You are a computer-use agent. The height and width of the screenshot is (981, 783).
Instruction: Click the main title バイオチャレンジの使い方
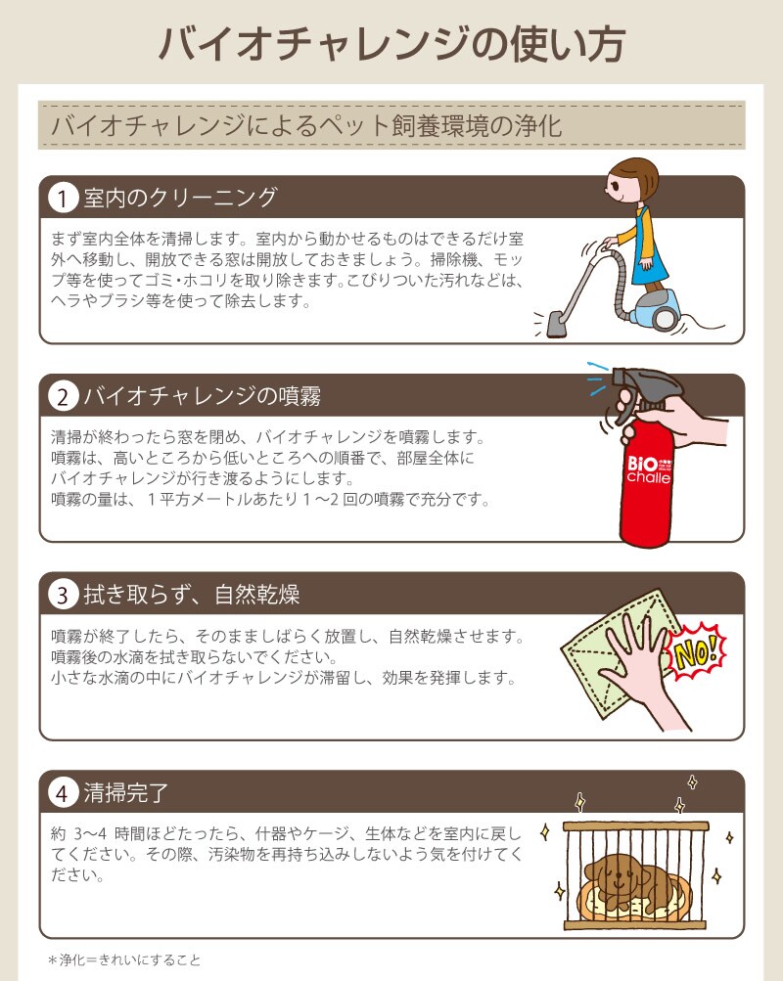pos(391,44)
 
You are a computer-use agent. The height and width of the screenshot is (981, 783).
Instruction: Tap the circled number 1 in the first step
pos(63,198)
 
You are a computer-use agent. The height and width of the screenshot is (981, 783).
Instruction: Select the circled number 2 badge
pos(63,396)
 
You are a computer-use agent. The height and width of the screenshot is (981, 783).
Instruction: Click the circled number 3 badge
pos(63,595)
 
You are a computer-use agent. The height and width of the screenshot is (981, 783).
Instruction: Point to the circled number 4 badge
pos(63,792)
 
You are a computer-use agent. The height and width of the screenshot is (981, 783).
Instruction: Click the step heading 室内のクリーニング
pos(180,197)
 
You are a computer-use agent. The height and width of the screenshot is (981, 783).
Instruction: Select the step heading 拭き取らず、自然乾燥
pos(192,594)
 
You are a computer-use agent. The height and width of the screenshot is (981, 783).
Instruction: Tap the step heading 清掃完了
pos(126,792)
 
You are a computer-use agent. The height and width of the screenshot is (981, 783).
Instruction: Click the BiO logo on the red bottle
pos(642,465)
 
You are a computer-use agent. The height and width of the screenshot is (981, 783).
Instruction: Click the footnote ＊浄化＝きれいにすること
pos(124,959)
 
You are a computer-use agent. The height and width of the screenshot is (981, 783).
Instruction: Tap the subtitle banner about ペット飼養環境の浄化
pos(391,125)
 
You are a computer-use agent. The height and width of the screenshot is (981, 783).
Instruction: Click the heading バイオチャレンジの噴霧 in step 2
pos(203,395)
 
